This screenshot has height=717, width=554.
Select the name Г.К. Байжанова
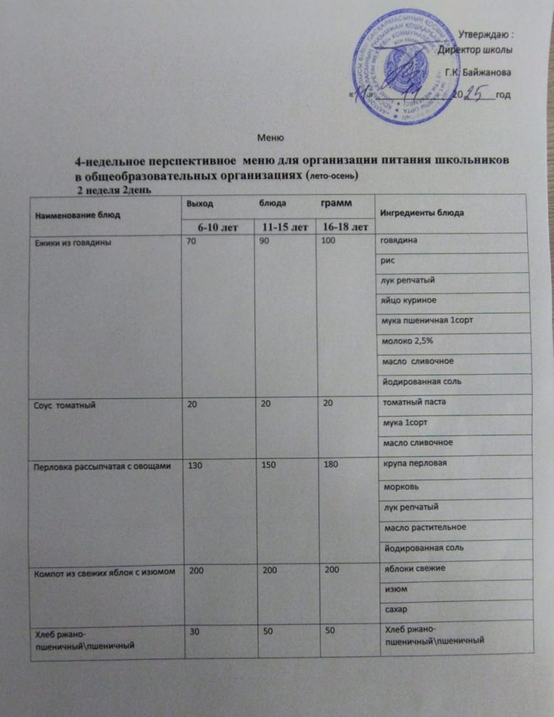[476, 72]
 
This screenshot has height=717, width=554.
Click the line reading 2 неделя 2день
[114, 190]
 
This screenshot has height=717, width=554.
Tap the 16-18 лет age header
[345, 227]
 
